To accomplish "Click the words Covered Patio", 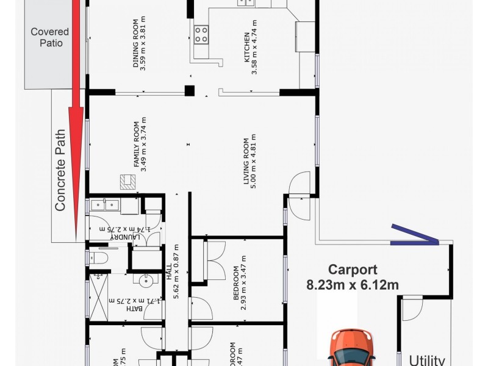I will (x=50, y=37).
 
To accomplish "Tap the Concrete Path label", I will (x=60, y=170).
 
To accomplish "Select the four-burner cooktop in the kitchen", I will (x=201, y=35).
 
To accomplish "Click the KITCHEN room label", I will (x=246, y=49).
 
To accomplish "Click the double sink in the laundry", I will (x=105, y=205).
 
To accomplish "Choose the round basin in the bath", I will (x=145, y=281).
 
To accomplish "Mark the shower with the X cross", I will (x=99, y=294).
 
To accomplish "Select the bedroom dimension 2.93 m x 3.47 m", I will (x=240, y=287).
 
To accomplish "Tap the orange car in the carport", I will (x=352, y=348).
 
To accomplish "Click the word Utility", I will (x=427, y=360).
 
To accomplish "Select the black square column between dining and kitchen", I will (x=189, y=91).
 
